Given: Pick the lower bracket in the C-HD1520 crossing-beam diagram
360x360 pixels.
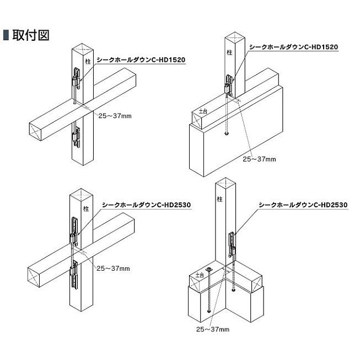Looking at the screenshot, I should coord(77,136).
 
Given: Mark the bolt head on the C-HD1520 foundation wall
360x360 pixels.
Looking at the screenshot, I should coord(227,134).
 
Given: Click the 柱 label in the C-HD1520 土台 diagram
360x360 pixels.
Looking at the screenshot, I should coord(229,52).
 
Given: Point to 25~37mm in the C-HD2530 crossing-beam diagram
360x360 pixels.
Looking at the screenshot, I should coord(113,268).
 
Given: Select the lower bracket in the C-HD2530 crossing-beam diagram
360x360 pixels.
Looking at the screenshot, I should coord(75,276).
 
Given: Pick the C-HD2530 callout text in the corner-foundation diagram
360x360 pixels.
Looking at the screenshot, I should coord(303,205).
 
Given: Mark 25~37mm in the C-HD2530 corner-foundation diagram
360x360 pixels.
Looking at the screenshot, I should coord(213,330).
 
